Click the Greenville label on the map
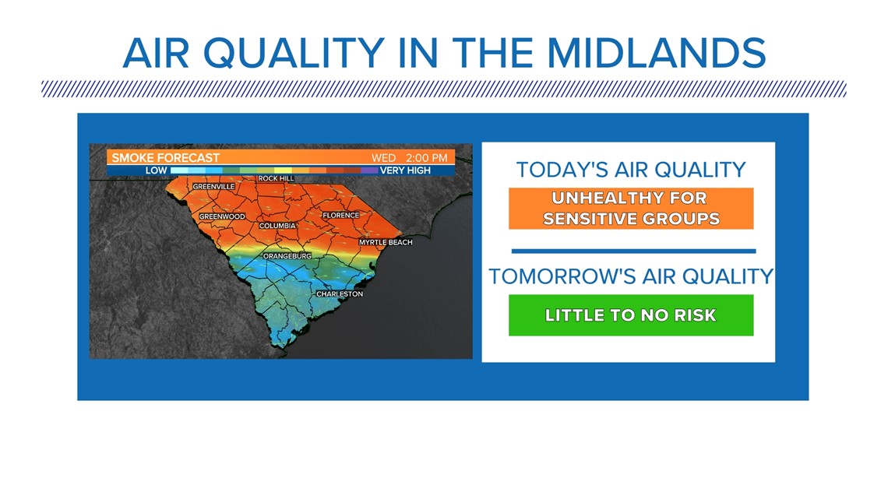(x=213, y=187)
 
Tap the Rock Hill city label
(x=277, y=178)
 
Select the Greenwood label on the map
(x=222, y=216)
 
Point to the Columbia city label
(x=277, y=226)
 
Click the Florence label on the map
(x=341, y=216)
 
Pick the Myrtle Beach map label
(x=386, y=242)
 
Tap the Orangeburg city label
(x=287, y=256)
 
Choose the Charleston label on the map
(x=340, y=294)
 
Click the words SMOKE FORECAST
(x=165, y=158)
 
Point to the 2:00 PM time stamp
(x=426, y=158)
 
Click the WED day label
(x=383, y=158)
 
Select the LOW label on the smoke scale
(x=157, y=170)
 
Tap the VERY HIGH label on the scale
(x=406, y=170)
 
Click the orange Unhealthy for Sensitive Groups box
(x=631, y=208)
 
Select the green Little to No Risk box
(x=631, y=315)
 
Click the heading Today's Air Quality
(x=631, y=170)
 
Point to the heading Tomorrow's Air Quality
(x=631, y=276)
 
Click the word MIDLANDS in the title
(x=657, y=53)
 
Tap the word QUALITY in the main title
(x=294, y=54)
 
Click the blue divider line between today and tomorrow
(x=634, y=251)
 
